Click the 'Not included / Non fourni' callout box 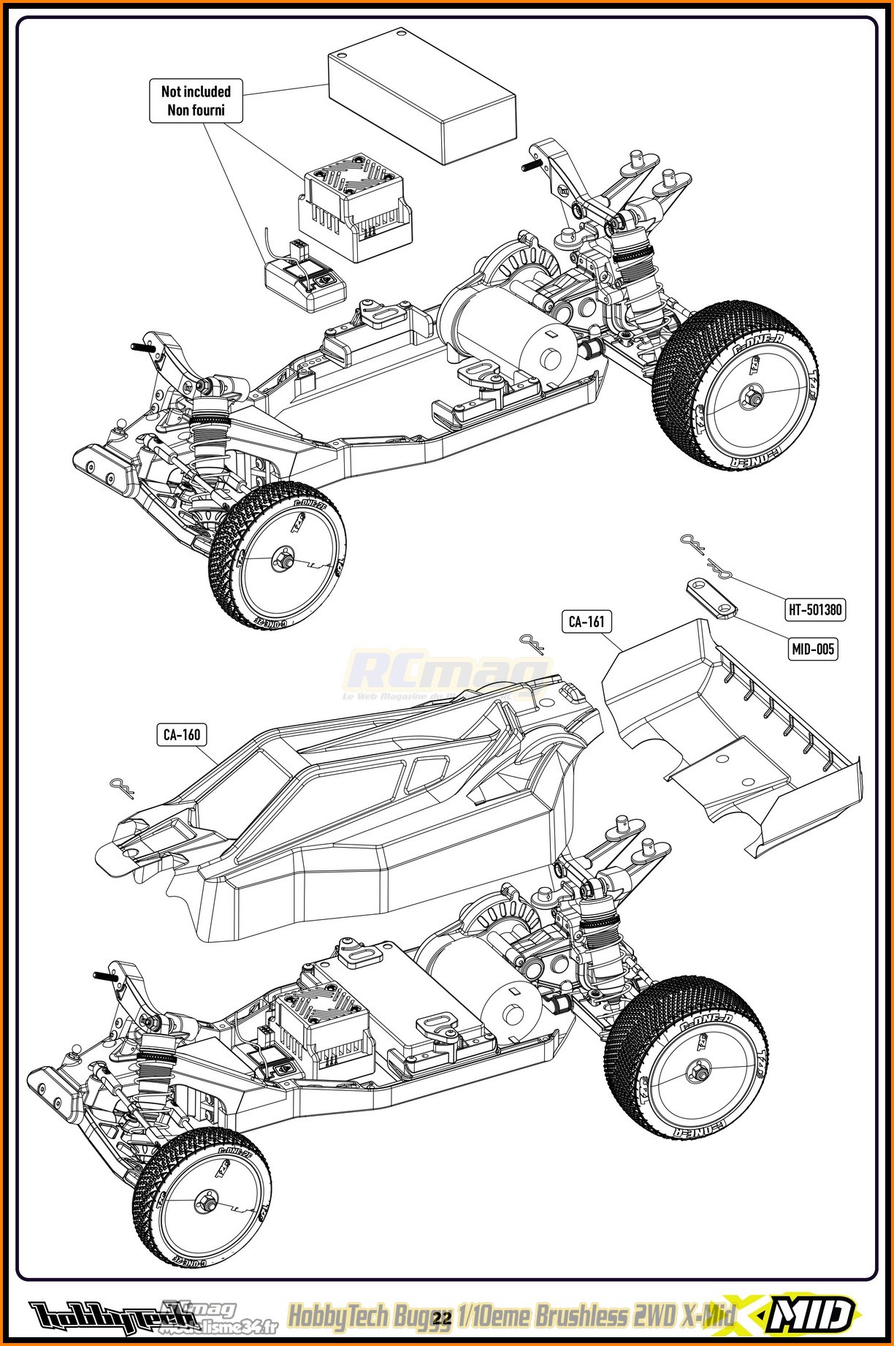click(x=196, y=101)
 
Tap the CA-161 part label click(x=586, y=622)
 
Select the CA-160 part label click(x=182, y=734)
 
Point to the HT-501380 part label click(x=815, y=609)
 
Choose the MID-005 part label click(x=813, y=648)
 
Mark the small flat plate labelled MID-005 click(x=711, y=596)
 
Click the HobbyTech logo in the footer click(x=95, y=1316)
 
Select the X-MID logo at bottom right click(x=803, y=1315)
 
